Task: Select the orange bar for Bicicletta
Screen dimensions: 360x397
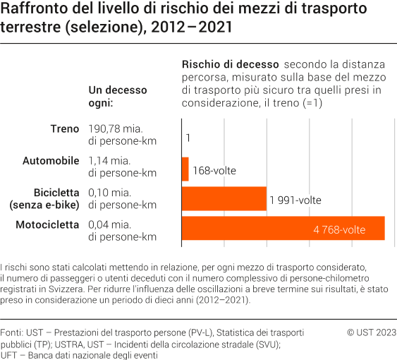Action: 224,199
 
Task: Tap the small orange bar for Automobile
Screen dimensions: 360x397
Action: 185,169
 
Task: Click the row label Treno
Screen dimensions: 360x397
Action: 65,129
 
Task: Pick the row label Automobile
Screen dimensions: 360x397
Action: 51,161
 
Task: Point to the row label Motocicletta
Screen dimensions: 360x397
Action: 47,225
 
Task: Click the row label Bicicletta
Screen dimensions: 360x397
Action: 56,193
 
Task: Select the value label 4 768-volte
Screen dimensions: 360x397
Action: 339,230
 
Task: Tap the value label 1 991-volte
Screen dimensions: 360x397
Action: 295,200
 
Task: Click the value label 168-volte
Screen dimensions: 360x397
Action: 214,171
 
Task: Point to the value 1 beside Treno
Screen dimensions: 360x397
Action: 188,139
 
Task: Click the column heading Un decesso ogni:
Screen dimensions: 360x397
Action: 118,97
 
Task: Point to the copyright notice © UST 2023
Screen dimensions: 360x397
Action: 372,332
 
